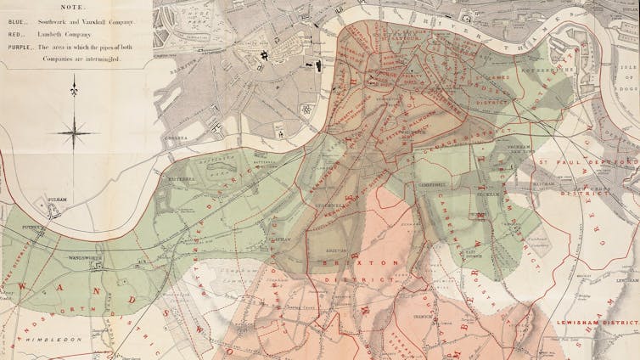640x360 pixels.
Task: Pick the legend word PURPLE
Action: tap(20, 49)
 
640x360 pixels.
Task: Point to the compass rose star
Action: tap(74, 131)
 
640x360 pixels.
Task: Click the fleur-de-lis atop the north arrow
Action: tap(74, 84)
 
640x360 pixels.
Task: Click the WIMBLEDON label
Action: tap(59, 339)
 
